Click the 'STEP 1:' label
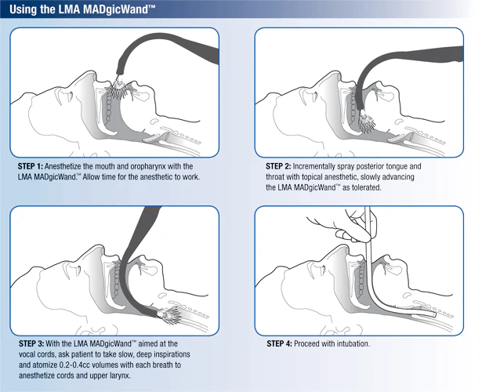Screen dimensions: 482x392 (30, 166)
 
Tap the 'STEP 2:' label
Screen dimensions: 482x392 (278, 166)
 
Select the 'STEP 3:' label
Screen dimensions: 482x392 (31, 343)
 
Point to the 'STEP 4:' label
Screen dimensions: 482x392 (279, 343)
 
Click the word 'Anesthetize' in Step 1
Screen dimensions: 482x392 (63, 166)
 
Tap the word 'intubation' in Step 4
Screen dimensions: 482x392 (353, 343)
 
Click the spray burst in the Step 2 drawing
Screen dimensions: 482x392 (367, 122)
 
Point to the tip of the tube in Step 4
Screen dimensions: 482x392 (434, 314)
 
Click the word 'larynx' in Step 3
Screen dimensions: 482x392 (120, 376)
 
